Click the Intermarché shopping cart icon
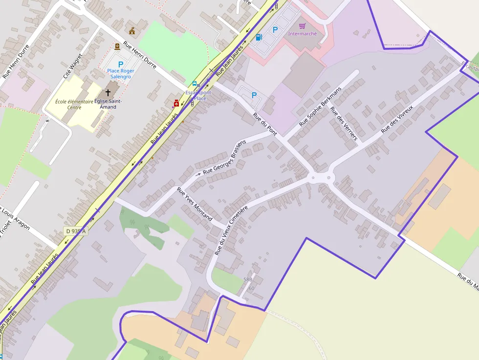click(x=302, y=26)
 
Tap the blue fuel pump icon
click(x=259, y=37)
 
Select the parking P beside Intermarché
click(x=275, y=30)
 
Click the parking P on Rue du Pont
click(x=254, y=95)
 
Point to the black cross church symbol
click(x=108, y=92)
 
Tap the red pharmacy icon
click(x=176, y=103)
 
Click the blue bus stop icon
click(x=195, y=84)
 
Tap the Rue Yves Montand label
click(x=195, y=204)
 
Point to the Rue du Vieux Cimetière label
click(x=231, y=231)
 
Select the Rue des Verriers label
click(x=344, y=124)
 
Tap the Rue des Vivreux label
click(x=397, y=119)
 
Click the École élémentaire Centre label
click(x=74, y=104)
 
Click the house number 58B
click(x=248, y=279)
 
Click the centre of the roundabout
click(x=321, y=177)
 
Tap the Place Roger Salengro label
click(x=120, y=74)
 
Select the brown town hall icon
click(x=132, y=31)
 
